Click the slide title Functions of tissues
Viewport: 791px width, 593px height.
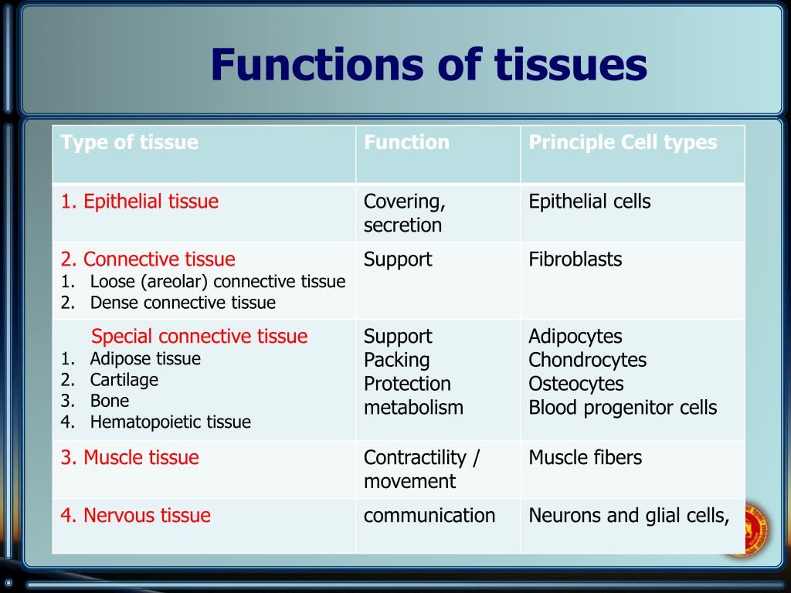(429, 65)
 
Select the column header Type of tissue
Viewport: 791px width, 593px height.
(130, 143)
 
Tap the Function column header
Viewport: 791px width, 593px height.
(406, 143)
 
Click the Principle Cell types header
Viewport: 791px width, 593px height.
(623, 143)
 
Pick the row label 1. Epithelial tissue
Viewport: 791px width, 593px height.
(140, 202)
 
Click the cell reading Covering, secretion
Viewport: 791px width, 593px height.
(404, 214)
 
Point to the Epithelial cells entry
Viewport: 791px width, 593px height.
(589, 202)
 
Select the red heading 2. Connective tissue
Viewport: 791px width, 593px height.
(148, 259)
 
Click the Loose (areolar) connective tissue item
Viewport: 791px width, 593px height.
(217, 282)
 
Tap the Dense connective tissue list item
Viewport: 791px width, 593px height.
(182, 303)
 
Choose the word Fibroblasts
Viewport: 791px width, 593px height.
(575, 259)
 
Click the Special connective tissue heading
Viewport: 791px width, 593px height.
(199, 337)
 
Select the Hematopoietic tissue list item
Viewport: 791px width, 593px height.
(170, 422)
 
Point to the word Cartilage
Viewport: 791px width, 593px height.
(124, 380)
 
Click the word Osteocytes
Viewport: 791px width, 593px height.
(575, 384)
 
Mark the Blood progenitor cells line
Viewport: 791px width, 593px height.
(623, 408)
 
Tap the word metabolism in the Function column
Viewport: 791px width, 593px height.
(413, 408)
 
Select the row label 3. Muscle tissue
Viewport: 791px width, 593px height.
(130, 458)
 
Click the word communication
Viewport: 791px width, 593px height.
(429, 516)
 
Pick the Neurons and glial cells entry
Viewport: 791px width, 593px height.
(629, 516)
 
